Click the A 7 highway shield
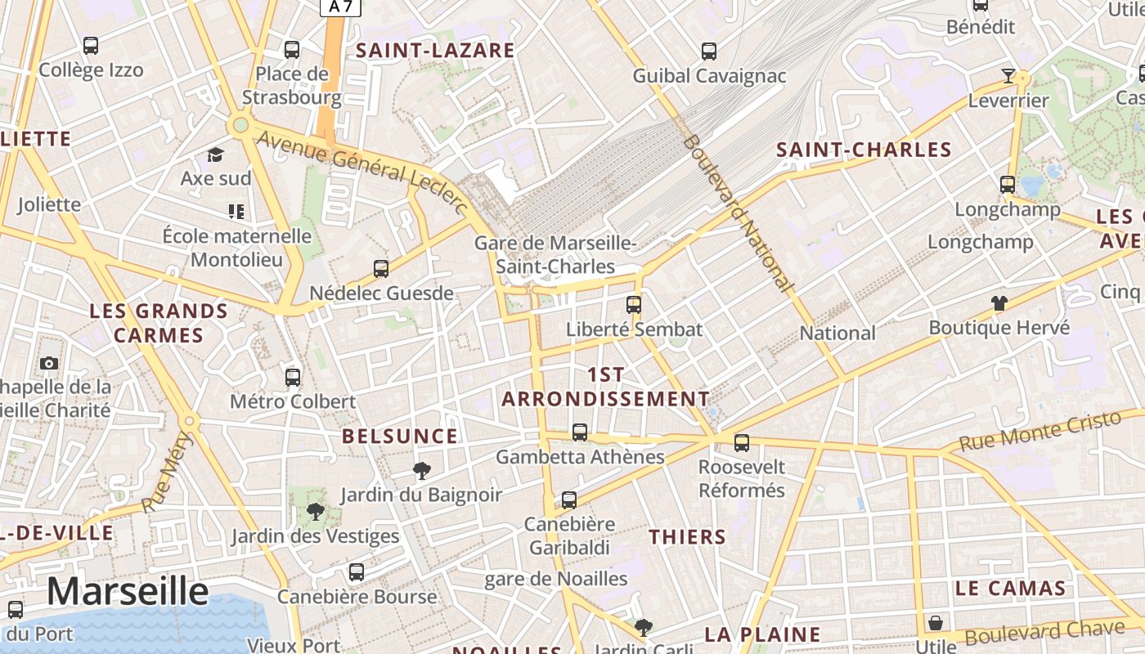pos(340,7)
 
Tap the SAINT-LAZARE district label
pos(435,51)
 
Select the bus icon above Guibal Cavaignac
pos(709,51)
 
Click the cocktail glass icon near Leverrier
pos(1008,76)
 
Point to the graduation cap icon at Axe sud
pos(215,155)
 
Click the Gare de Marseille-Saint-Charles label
pos(555,254)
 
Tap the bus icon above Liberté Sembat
pos(634,305)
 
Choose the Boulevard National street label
pos(739,214)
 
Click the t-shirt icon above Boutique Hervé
pos(999,303)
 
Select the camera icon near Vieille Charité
pos(49,363)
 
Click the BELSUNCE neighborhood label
pos(400,437)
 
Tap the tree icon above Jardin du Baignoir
pos(422,470)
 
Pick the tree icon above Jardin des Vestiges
pos(315,512)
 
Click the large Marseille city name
pos(128,591)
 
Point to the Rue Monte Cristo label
pos(1039,432)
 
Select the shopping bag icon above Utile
pos(936,624)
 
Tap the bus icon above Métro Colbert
pos(293,377)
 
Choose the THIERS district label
pos(687,537)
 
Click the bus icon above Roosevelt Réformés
pos(742,443)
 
